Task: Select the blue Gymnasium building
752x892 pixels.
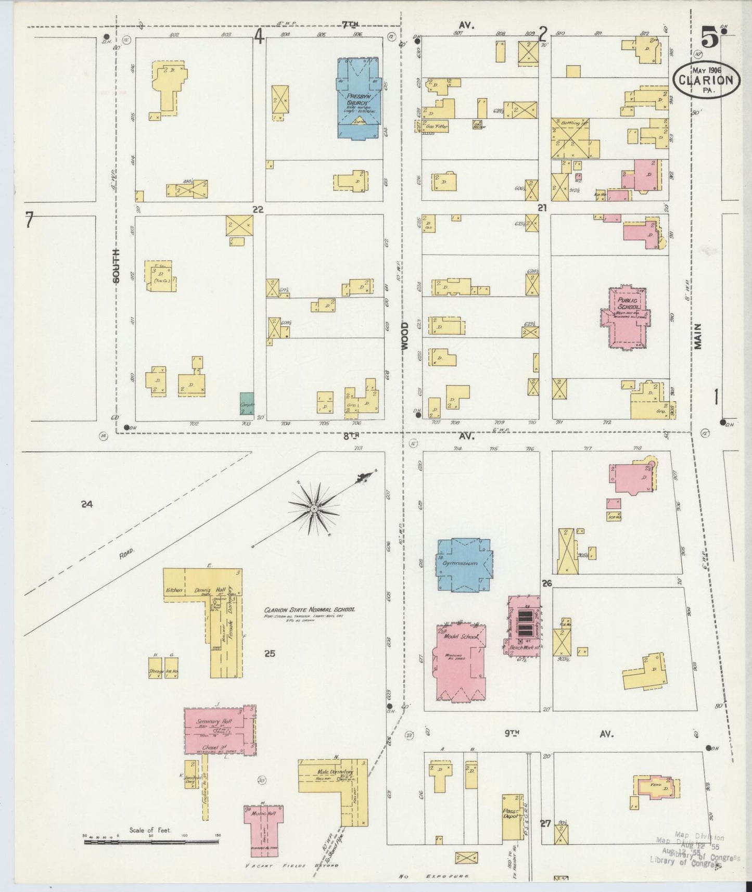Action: point(465,564)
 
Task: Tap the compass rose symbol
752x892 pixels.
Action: point(314,507)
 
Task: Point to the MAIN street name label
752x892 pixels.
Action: point(697,336)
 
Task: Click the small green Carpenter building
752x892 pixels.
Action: point(247,403)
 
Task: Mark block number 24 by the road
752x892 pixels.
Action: point(87,504)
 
